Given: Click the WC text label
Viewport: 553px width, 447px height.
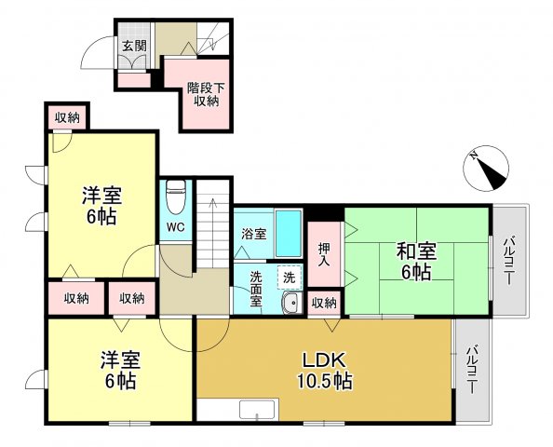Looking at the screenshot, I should [x=175, y=226].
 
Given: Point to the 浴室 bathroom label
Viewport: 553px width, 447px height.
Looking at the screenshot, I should [x=254, y=234].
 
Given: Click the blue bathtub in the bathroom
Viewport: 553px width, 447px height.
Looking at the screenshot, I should [x=290, y=233].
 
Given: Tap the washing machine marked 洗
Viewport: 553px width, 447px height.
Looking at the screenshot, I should [x=290, y=277].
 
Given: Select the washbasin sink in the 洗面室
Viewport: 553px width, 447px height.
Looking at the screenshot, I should [x=290, y=302].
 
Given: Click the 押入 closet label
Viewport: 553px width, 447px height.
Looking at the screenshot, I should [x=325, y=254].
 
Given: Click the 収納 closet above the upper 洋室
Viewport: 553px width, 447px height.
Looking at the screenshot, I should [x=66, y=117].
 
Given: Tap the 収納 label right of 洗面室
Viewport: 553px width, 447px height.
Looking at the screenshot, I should [x=324, y=303].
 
